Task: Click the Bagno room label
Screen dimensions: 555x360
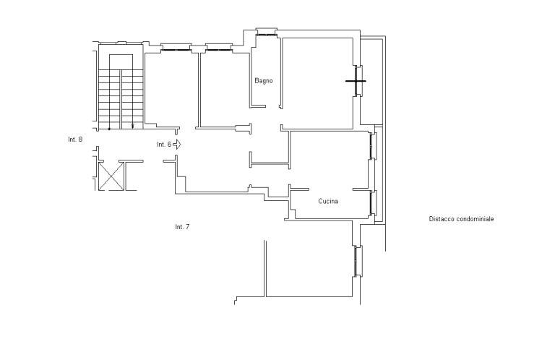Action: [x=264, y=81]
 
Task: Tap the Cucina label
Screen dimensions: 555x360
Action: [x=328, y=201]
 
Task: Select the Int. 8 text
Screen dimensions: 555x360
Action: [x=75, y=140]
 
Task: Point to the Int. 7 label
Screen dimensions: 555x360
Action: [x=182, y=227]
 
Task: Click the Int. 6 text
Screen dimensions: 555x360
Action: [x=164, y=145]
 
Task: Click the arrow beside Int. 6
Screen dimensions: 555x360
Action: [x=177, y=145]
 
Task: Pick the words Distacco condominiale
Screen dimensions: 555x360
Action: [x=461, y=219]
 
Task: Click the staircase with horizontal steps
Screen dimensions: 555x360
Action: [x=121, y=99]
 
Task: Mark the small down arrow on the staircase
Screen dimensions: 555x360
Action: [x=133, y=125]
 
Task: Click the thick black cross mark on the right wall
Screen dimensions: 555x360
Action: [x=356, y=81]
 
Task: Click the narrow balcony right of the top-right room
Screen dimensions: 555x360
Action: [x=371, y=81]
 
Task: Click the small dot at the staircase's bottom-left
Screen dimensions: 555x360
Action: [x=109, y=129]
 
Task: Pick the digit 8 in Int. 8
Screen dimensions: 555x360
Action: [x=81, y=140]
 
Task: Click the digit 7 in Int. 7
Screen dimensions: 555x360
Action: [x=187, y=227]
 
